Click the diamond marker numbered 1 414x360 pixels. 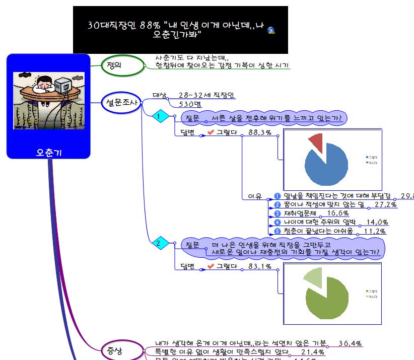pyautogui.click(x=160, y=117)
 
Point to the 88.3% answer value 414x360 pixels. pyautogui.click(x=260, y=132)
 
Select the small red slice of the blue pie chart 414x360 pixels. pyautogui.click(x=316, y=141)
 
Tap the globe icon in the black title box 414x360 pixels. pyautogui.click(x=271, y=30)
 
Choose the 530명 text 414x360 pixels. pyautogui.click(x=190, y=105)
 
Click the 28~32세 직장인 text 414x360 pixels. pyautogui.click(x=207, y=95)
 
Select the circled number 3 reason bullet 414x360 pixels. pyautogui.click(x=277, y=213)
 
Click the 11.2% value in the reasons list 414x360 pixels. pyautogui.click(x=375, y=231)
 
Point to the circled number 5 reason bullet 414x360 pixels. pyautogui.click(x=277, y=231)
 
